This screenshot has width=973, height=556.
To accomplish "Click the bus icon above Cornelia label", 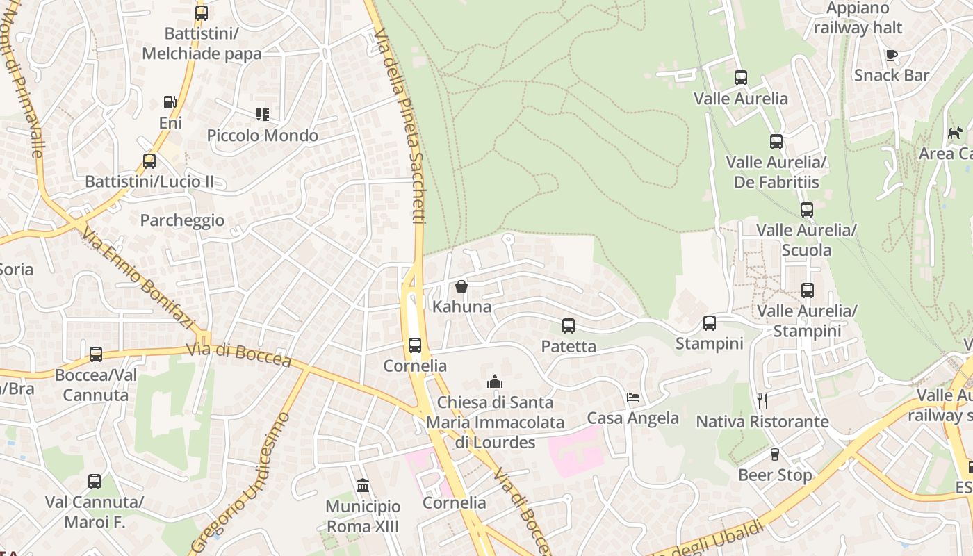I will pos(415,345).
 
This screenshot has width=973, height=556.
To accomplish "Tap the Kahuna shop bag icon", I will pos(461,286).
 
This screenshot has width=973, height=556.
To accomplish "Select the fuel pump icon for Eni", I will pos(170,102).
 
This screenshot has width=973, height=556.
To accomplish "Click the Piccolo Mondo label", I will pos(263,136).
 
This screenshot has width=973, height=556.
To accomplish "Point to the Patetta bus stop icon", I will pos(569,325).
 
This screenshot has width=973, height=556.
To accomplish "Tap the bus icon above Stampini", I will pos(709,322).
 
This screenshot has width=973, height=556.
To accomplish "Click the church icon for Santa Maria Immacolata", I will pos(495,382).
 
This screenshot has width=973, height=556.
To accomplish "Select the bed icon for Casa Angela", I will pos(633,398).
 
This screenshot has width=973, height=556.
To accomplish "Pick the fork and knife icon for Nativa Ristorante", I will pos(762,401).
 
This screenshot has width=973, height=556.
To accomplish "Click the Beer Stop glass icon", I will pos(775,455).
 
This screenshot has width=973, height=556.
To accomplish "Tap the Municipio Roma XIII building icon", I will pos(362,485).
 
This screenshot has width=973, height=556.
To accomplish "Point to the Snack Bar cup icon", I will pos(891,55).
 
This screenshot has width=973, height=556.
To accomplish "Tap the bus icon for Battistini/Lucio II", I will pos(149,161).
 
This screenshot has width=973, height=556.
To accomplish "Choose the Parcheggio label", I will pos(182,220).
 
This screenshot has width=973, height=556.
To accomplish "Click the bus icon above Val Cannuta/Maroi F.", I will pos(94,481).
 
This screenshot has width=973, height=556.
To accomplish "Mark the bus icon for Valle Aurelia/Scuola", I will pos(806,209).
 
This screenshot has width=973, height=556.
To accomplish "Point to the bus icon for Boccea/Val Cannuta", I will pos(96,354).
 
